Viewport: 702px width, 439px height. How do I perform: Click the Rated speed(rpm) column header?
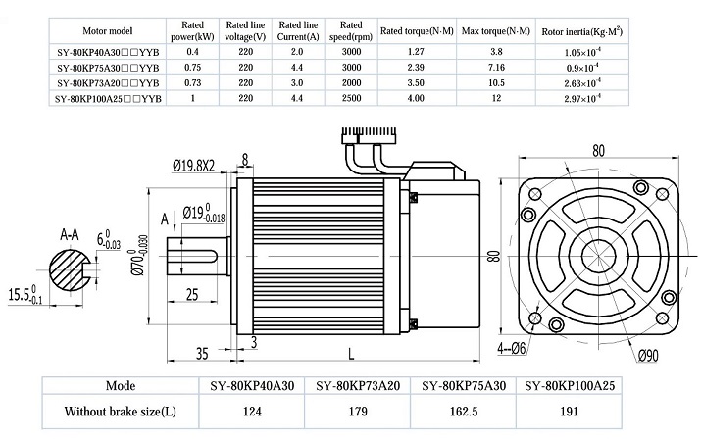coord(351,31)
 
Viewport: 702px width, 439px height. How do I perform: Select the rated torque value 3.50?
coord(416,82)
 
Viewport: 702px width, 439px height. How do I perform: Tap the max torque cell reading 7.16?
coord(496,68)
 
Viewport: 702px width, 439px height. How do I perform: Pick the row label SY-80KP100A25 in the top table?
coord(108,98)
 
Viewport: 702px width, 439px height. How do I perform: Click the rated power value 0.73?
coord(192,82)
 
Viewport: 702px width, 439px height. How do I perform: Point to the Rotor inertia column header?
coord(582,31)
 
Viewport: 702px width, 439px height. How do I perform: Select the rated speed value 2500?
coord(351,98)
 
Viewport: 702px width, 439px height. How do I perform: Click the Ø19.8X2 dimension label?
coord(193,166)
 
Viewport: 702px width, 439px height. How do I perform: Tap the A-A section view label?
coord(70,234)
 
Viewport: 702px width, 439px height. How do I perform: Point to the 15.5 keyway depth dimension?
coord(25,295)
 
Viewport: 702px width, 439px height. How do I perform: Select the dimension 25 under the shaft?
coord(191,294)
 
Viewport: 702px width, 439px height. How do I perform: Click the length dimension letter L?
coord(351,354)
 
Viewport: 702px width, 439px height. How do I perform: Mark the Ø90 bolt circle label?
coord(648,356)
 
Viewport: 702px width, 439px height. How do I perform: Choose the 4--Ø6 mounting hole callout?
coord(511,348)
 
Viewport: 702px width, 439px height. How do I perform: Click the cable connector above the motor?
coord(370,134)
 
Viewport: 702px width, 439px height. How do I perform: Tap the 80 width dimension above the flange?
coord(598,151)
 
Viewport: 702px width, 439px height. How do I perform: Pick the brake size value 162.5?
coord(464,411)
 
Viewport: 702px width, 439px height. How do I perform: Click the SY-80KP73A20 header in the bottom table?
coord(358,386)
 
